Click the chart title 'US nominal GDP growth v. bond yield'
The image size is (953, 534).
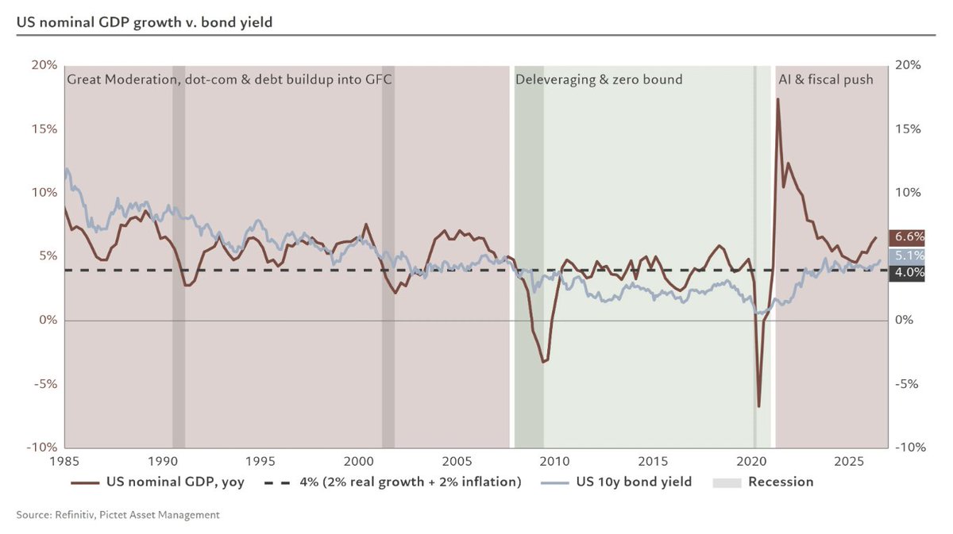pyautogui.click(x=145, y=22)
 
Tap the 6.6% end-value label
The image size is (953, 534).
pyautogui.click(x=907, y=237)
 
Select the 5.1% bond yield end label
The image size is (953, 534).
pyautogui.click(x=907, y=256)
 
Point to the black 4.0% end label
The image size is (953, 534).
pyautogui.click(x=907, y=272)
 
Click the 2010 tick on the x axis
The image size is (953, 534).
pyautogui.click(x=554, y=461)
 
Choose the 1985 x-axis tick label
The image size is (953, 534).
pyautogui.click(x=64, y=461)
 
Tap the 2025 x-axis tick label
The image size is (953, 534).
pyautogui.click(x=849, y=461)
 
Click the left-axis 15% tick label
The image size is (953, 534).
pyautogui.click(x=44, y=129)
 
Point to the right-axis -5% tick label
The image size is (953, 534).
pyautogui.click(x=907, y=384)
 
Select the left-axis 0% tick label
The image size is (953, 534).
pyautogui.click(x=48, y=320)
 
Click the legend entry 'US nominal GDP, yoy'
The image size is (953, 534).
pyautogui.click(x=157, y=482)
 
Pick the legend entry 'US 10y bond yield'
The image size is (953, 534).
pyautogui.click(x=616, y=482)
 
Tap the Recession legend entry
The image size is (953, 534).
pyautogui.click(x=763, y=482)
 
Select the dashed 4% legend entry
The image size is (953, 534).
pyautogui.click(x=392, y=482)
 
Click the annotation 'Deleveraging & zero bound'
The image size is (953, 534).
pyautogui.click(x=599, y=79)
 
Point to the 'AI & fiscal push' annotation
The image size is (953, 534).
pyautogui.click(x=826, y=79)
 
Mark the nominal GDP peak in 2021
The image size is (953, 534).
pyautogui.click(x=777, y=99)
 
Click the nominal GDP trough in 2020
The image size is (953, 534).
pyautogui.click(x=758, y=406)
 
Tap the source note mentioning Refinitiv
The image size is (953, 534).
pyautogui.click(x=118, y=515)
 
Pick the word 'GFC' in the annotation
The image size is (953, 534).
pyautogui.click(x=378, y=79)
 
